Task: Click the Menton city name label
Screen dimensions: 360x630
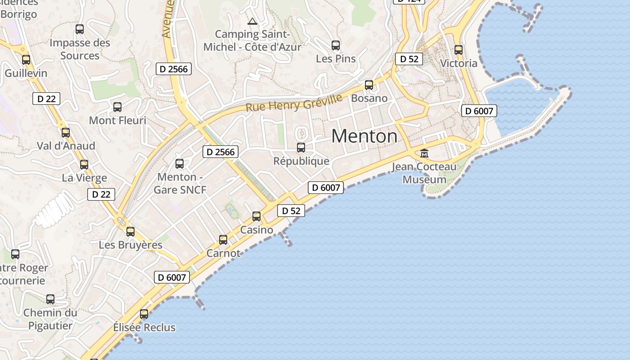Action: click(364, 136)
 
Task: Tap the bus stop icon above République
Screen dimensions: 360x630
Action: click(301, 147)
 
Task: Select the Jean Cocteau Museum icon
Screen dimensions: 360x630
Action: click(424, 153)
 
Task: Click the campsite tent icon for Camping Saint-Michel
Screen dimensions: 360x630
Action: click(252, 21)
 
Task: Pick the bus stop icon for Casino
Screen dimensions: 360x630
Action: click(256, 216)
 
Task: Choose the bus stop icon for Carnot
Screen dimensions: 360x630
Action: click(223, 240)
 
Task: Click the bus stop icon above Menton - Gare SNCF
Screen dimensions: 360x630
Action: click(180, 163)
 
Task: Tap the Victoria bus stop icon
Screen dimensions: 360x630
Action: click(459, 50)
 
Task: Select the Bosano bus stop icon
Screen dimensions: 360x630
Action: click(369, 85)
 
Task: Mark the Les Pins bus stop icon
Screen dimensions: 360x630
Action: click(336, 45)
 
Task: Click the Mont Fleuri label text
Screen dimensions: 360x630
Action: click(117, 121)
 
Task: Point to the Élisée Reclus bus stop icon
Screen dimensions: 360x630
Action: click(144, 314)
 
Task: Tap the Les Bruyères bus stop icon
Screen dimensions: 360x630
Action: click(130, 232)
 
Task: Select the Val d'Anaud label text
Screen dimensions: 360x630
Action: click(66, 146)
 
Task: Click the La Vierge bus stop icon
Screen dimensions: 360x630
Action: click(84, 165)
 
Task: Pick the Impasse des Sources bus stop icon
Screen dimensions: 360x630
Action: click(80, 29)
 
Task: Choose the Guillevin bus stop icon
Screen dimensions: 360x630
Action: click(26, 59)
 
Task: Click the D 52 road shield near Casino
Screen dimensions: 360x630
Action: click(291, 211)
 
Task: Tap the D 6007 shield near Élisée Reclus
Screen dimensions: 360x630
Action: click(172, 277)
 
